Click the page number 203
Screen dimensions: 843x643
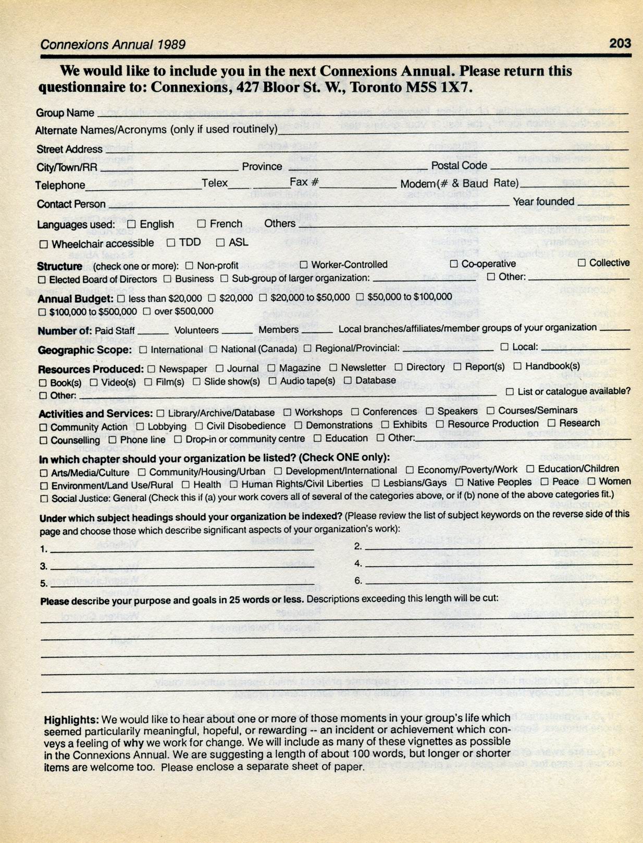(x=620, y=43)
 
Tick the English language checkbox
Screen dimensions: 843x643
(x=131, y=224)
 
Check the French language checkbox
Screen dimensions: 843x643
(x=201, y=224)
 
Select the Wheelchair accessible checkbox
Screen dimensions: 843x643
(x=44, y=244)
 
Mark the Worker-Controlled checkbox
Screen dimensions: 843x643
(x=303, y=265)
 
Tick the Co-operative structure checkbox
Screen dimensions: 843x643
(x=454, y=264)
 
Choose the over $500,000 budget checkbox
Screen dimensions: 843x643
(x=146, y=312)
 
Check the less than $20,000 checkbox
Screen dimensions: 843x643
(x=121, y=299)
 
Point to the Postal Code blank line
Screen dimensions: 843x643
(x=559, y=167)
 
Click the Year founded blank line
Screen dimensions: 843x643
(x=603, y=204)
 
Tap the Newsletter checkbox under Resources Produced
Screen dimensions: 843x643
(x=333, y=368)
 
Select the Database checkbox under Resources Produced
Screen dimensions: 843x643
(x=348, y=381)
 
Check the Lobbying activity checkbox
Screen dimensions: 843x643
(x=140, y=427)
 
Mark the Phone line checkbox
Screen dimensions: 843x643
(x=112, y=440)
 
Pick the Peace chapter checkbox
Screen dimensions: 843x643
(x=545, y=482)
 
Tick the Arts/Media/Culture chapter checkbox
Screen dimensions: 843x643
(x=44, y=473)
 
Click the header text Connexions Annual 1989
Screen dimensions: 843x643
(x=113, y=44)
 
